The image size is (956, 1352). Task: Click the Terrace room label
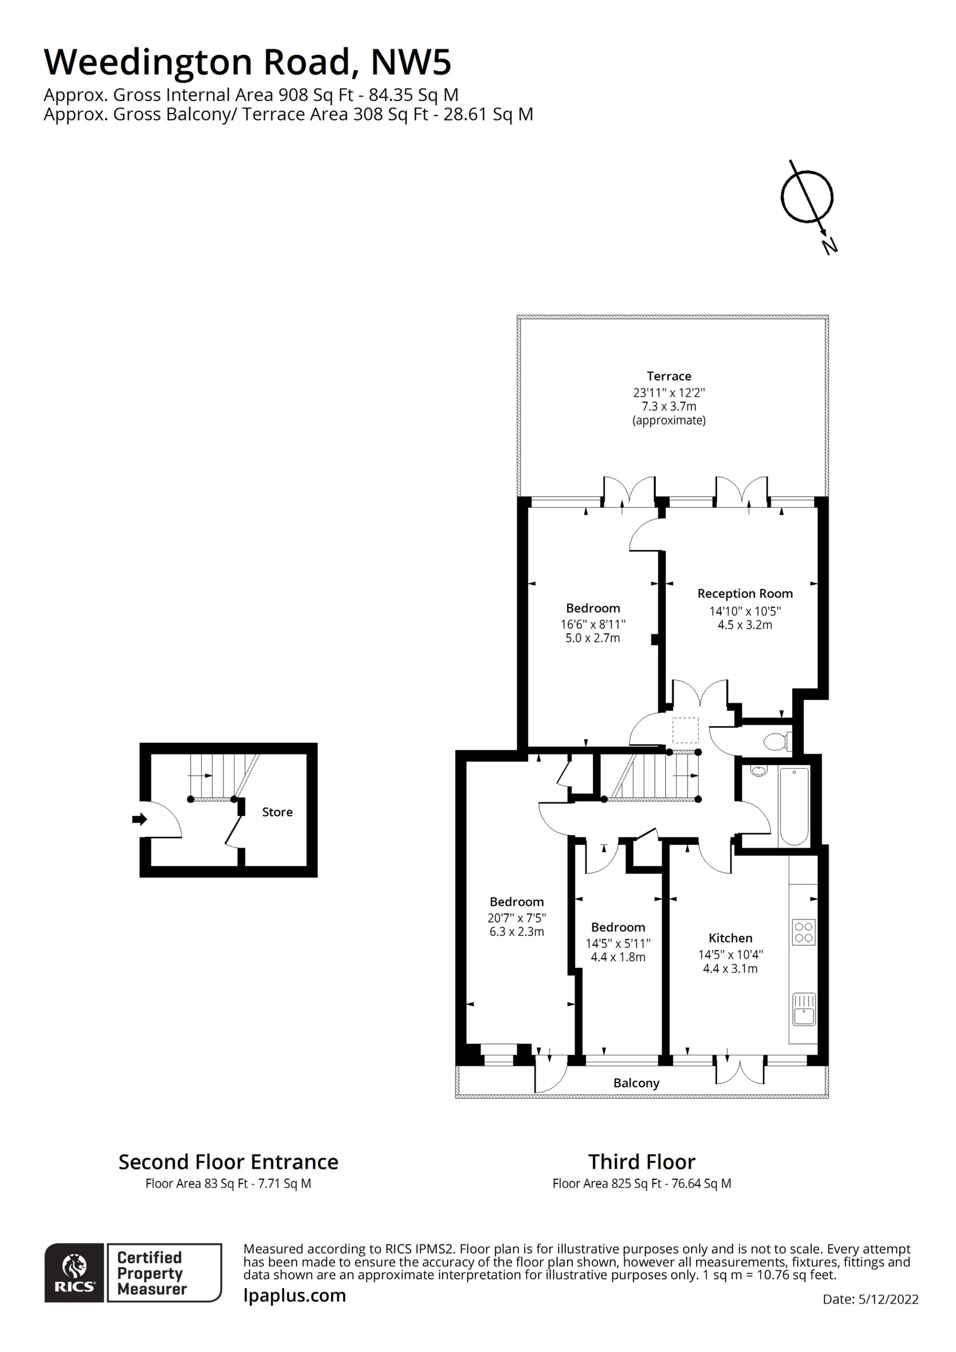click(x=669, y=376)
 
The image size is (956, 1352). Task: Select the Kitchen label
click(x=730, y=938)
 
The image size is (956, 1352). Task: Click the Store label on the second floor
click(x=277, y=812)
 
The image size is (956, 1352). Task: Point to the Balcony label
click(x=636, y=1083)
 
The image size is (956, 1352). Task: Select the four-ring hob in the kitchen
click(x=804, y=932)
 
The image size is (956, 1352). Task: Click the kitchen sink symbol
click(x=804, y=1010)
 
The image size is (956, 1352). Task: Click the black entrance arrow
click(x=139, y=819)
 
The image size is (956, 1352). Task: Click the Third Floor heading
click(x=642, y=1162)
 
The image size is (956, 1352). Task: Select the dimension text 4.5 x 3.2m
click(x=744, y=625)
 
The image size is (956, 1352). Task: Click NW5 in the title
click(x=411, y=62)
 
